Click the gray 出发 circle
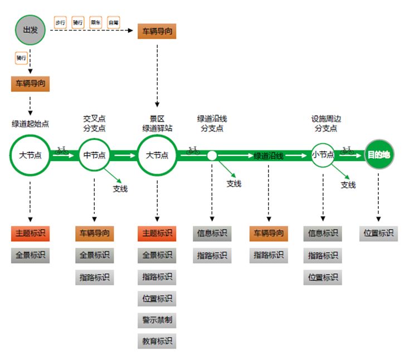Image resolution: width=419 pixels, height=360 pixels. (30, 30)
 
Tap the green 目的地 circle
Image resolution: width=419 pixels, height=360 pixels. (379, 154)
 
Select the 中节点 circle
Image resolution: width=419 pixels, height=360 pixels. (94, 155)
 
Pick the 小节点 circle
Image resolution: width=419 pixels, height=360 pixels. (323, 154)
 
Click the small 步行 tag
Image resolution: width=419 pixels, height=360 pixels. (60, 22)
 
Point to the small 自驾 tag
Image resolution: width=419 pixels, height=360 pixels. (114, 22)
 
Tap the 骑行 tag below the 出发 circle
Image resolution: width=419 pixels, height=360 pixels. (21, 57)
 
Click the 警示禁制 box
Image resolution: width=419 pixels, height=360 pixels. (157, 320)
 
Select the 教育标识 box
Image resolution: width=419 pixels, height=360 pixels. (157, 340)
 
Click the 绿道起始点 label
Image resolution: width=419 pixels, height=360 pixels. (30, 123)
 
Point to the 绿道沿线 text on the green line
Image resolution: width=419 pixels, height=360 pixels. (269, 156)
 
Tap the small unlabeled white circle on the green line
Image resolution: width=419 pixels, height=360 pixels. (212, 155)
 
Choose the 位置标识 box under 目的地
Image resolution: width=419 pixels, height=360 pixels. (379, 233)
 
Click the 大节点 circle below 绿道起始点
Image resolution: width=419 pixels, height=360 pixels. (30, 154)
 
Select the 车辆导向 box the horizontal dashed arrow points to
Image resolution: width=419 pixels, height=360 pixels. (157, 31)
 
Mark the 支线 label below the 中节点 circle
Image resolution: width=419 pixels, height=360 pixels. (120, 188)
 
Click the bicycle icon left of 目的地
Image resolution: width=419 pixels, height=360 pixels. (347, 150)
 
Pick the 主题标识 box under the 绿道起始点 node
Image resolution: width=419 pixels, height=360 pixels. (30, 233)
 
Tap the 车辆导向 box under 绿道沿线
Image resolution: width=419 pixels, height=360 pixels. (269, 233)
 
